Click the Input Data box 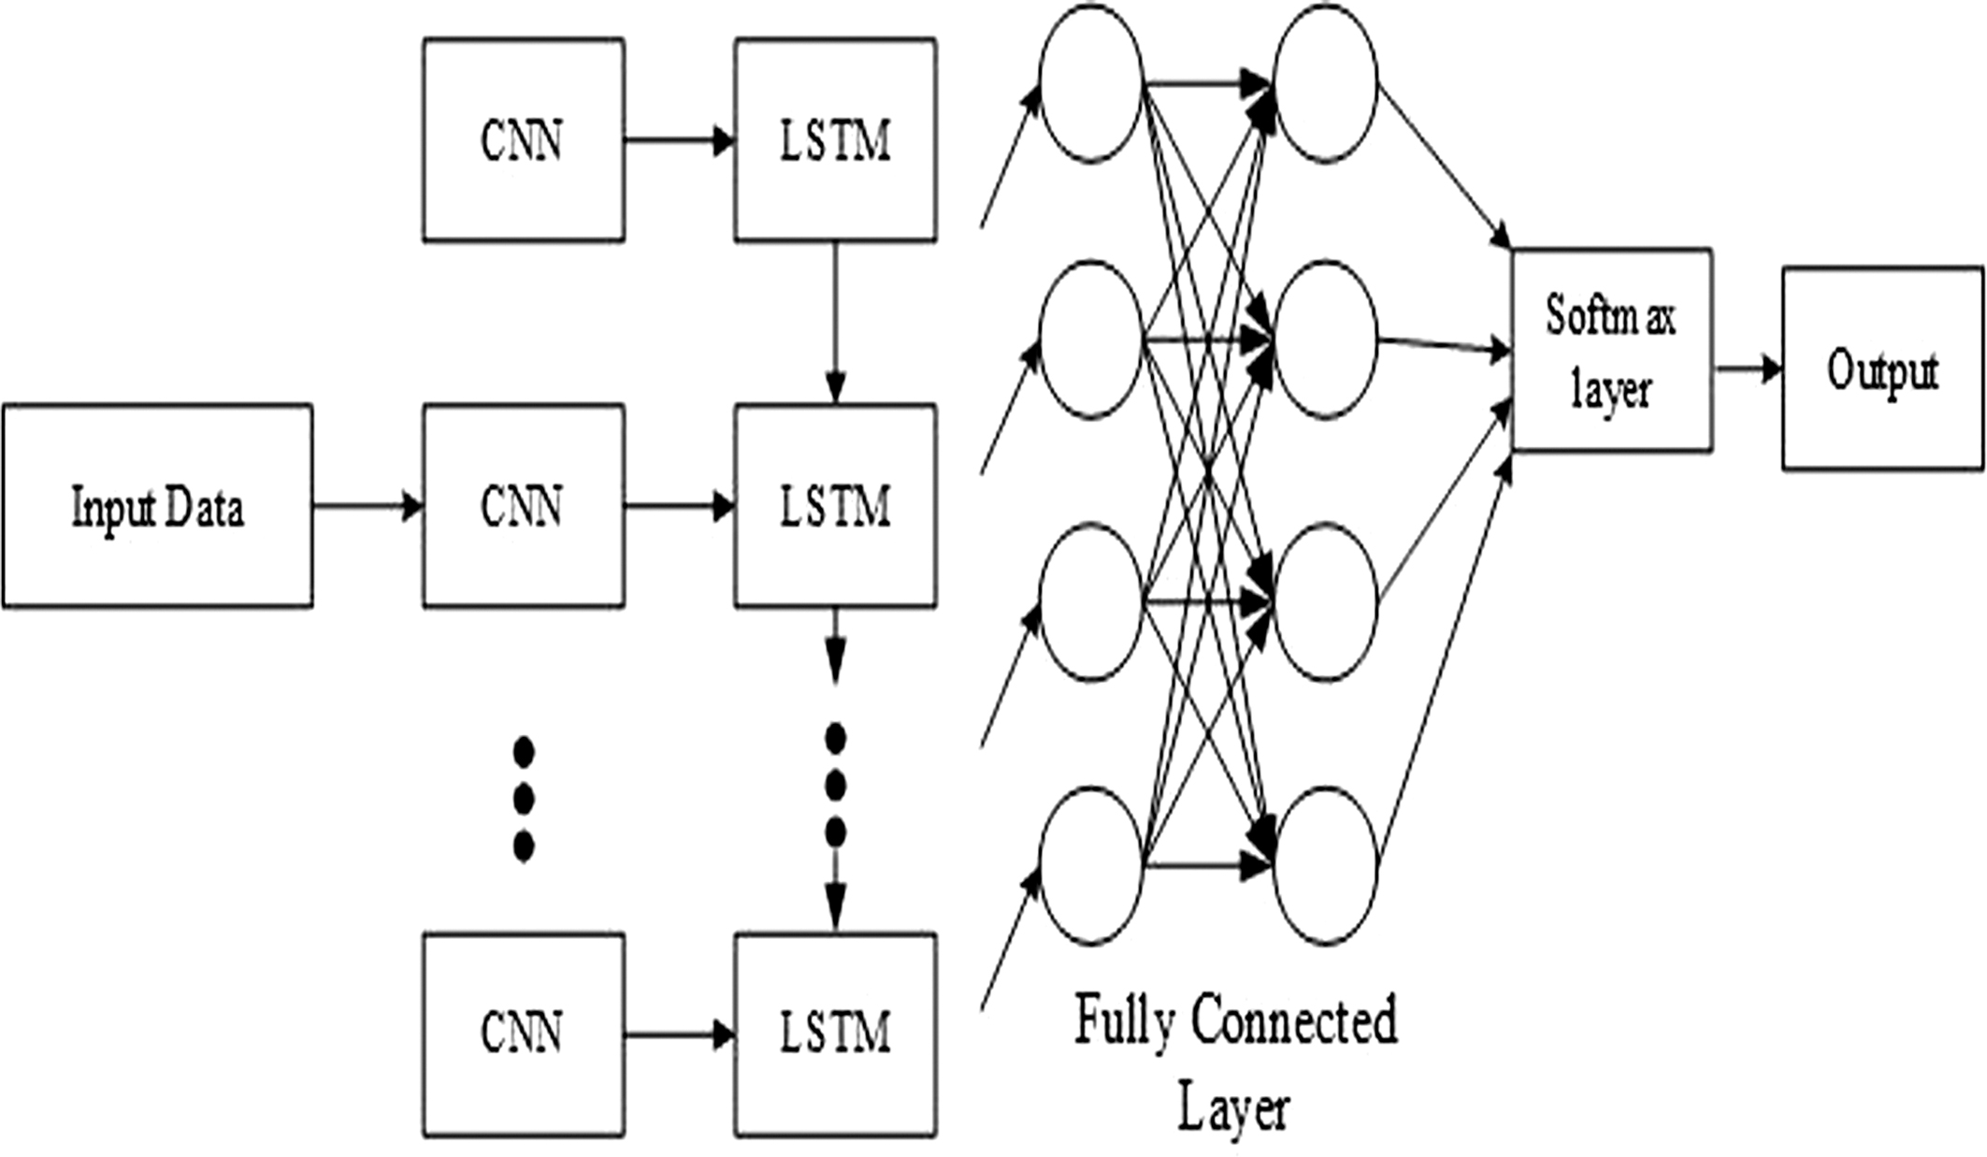[x=157, y=506]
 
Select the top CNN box [x=523, y=140]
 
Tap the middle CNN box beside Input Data [x=523, y=506]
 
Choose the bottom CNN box [x=523, y=1034]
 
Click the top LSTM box [x=835, y=140]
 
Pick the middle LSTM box [x=835, y=506]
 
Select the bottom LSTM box [x=835, y=1034]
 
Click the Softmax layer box [x=1611, y=350]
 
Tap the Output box [x=1882, y=369]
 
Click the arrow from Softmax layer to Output [x=1748, y=369]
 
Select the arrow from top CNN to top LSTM [x=679, y=141]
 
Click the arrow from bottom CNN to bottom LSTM [x=679, y=1034]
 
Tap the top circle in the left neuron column [x=1090, y=83]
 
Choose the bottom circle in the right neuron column [x=1325, y=865]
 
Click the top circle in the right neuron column [x=1325, y=83]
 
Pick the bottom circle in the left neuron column [x=1090, y=865]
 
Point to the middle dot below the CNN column [x=524, y=799]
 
